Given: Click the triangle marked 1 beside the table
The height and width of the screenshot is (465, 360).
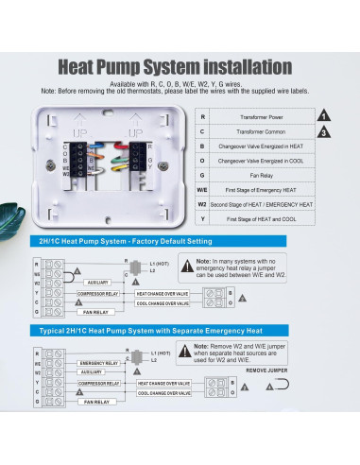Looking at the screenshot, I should [323, 115].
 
